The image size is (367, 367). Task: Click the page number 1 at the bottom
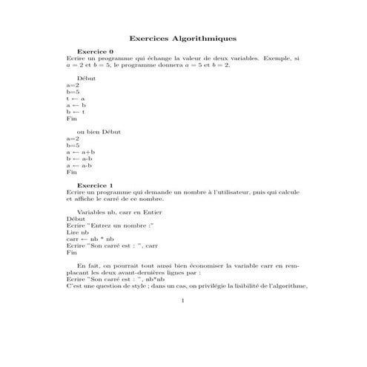point(183,301)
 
